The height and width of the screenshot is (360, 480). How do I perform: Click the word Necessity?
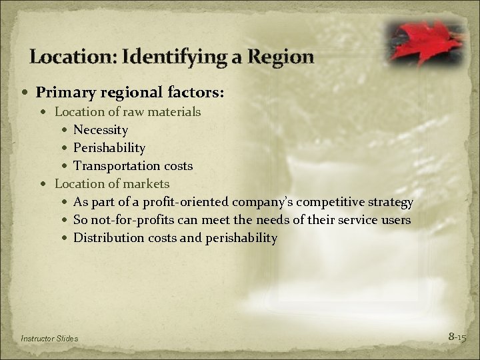[x=101, y=129]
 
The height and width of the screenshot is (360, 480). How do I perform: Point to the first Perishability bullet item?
[x=109, y=147]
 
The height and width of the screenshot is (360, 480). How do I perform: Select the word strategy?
[x=390, y=201]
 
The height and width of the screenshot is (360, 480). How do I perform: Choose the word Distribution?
[x=107, y=237]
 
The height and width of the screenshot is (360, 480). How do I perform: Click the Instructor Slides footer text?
[x=50, y=339]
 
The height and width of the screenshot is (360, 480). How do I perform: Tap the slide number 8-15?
[x=457, y=337]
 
